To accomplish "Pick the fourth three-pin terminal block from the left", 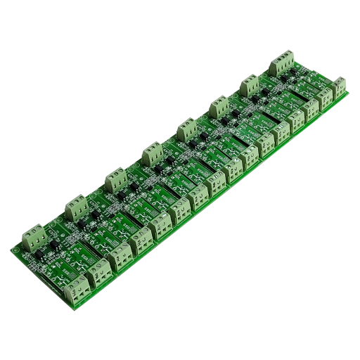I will click(x=150, y=153).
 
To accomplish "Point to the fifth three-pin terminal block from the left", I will click(x=186, y=129).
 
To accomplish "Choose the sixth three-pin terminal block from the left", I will click(x=219, y=108).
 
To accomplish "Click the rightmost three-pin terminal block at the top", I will click(x=285, y=60).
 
